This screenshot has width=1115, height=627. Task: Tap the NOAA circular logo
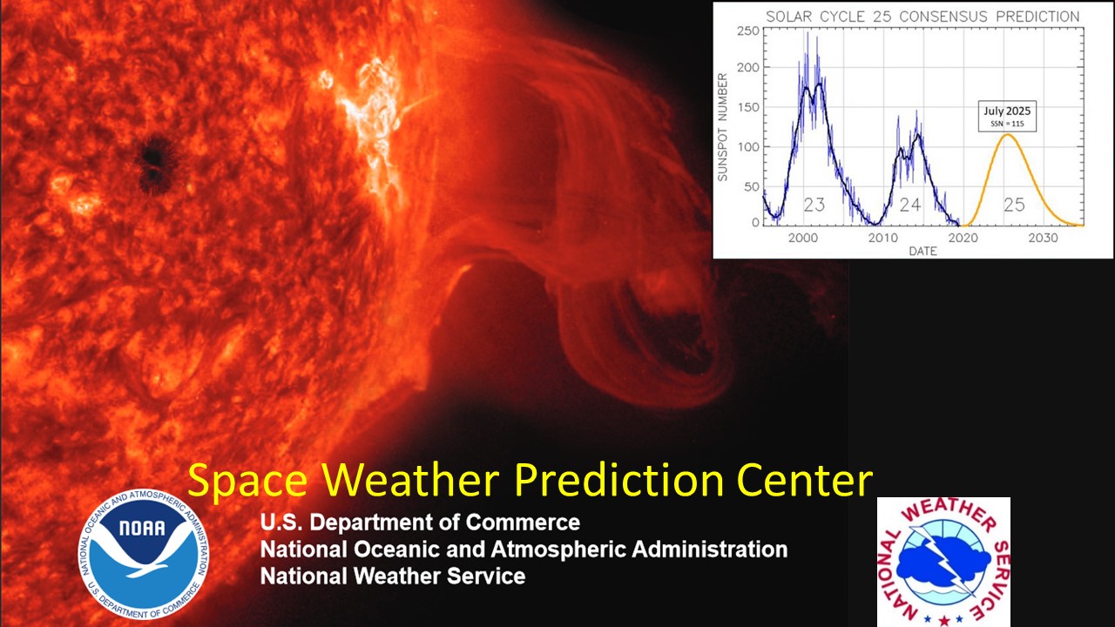point(144,554)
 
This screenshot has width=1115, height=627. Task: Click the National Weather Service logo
point(943,563)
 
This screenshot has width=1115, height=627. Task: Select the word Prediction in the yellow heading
point(618,480)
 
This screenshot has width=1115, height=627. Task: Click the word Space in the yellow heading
point(247,481)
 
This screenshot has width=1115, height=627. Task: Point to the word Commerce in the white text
point(523,522)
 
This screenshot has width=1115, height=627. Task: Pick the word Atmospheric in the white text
point(557,549)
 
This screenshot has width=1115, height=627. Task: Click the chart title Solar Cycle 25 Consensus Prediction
point(922,17)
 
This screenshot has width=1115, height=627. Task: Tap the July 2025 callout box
point(1007,116)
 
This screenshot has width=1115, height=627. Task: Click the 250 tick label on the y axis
point(747,30)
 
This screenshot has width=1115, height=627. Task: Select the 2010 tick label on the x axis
point(883,238)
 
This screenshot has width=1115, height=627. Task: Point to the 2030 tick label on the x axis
point(1043,238)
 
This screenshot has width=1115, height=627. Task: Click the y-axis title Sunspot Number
point(723,127)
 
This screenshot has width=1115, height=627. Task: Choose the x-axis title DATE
point(922,252)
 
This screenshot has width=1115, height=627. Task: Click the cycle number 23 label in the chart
point(814,205)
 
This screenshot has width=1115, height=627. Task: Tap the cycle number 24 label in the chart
point(910,205)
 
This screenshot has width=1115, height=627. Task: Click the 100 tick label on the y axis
point(747,147)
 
